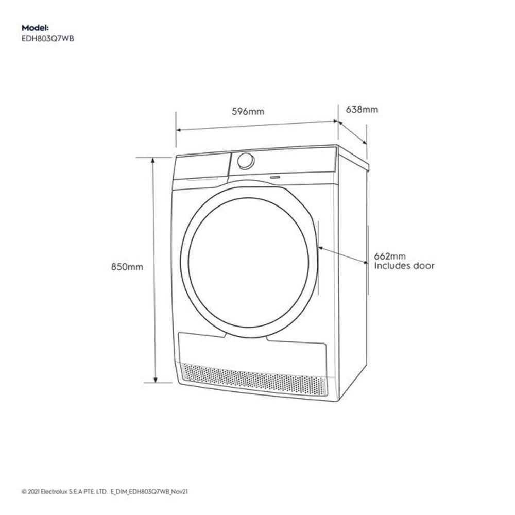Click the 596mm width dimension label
(248, 111)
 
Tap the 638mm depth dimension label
(362, 109)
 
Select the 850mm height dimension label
(127, 267)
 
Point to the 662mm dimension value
(390, 256)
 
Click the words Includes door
(404, 266)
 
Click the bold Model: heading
(35, 28)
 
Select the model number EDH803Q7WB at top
(48, 39)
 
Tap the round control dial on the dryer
(246, 161)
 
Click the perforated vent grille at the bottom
(254, 379)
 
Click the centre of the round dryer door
(249, 262)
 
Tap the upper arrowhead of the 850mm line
(153, 160)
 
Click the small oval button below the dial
(275, 177)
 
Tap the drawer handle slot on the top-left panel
(202, 179)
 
